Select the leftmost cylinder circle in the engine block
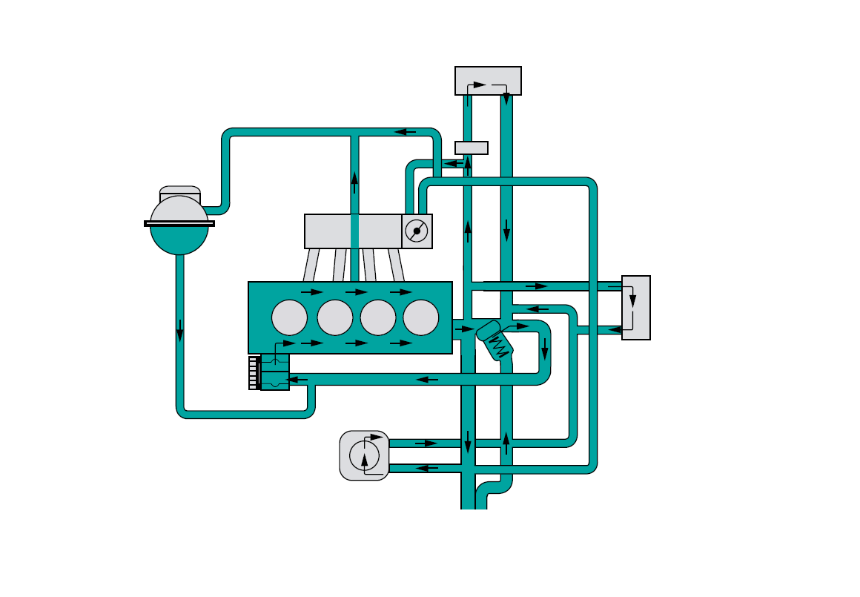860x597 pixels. (289, 317)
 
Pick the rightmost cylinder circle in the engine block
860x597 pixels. (421, 317)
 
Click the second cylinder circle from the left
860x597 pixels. (334, 317)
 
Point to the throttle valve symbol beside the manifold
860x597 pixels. (417, 231)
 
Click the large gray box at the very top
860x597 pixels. (488, 80)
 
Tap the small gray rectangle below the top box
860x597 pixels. (472, 148)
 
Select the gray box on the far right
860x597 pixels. (636, 308)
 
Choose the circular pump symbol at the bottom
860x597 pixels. (364, 455)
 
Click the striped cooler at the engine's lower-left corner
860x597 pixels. (254, 373)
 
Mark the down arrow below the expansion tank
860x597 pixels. (179, 331)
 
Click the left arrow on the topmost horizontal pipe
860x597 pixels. (405, 132)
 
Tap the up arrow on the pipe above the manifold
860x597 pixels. (354, 181)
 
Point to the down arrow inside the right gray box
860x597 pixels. (632, 300)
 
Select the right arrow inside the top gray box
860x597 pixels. (480, 85)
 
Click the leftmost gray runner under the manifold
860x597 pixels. (311, 265)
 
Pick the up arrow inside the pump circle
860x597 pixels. (364, 461)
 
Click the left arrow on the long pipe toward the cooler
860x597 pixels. (427, 380)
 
